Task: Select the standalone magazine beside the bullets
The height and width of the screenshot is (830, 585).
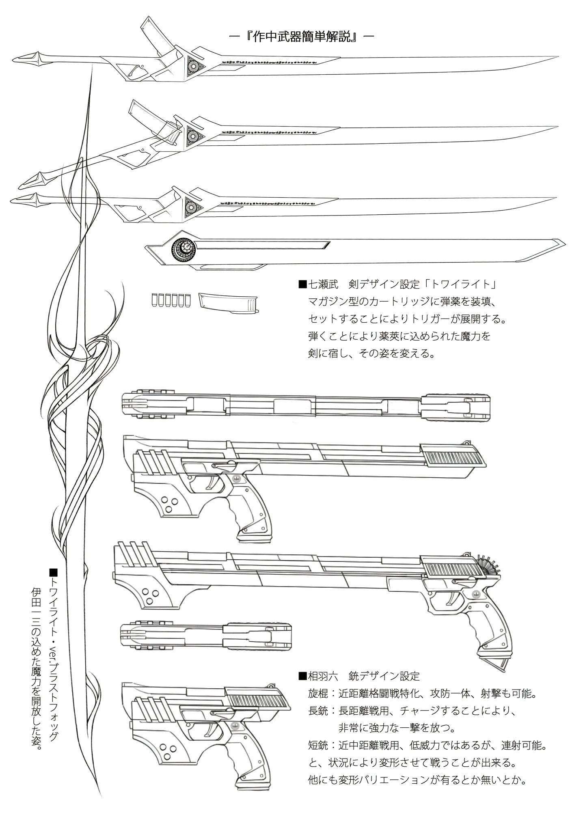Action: [229, 303]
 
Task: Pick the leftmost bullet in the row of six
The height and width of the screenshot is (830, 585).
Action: [154, 300]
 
